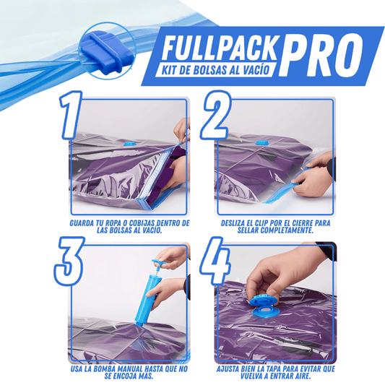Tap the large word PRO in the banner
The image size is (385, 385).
pyautogui.click(x=321, y=53)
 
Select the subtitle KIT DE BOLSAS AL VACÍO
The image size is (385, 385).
pyautogui.click(x=215, y=70)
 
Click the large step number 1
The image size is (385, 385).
pyautogui.click(x=71, y=115)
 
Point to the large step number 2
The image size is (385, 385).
pyautogui.click(x=215, y=115)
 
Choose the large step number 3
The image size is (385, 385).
pyautogui.click(x=69, y=261)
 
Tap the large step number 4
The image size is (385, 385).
pyautogui.click(x=215, y=261)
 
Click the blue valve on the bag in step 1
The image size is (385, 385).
pyautogui.click(x=129, y=143)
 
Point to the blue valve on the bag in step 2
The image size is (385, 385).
pyautogui.click(x=260, y=142)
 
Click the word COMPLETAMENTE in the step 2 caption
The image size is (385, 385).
pyautogui.click(x=287, y=230)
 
